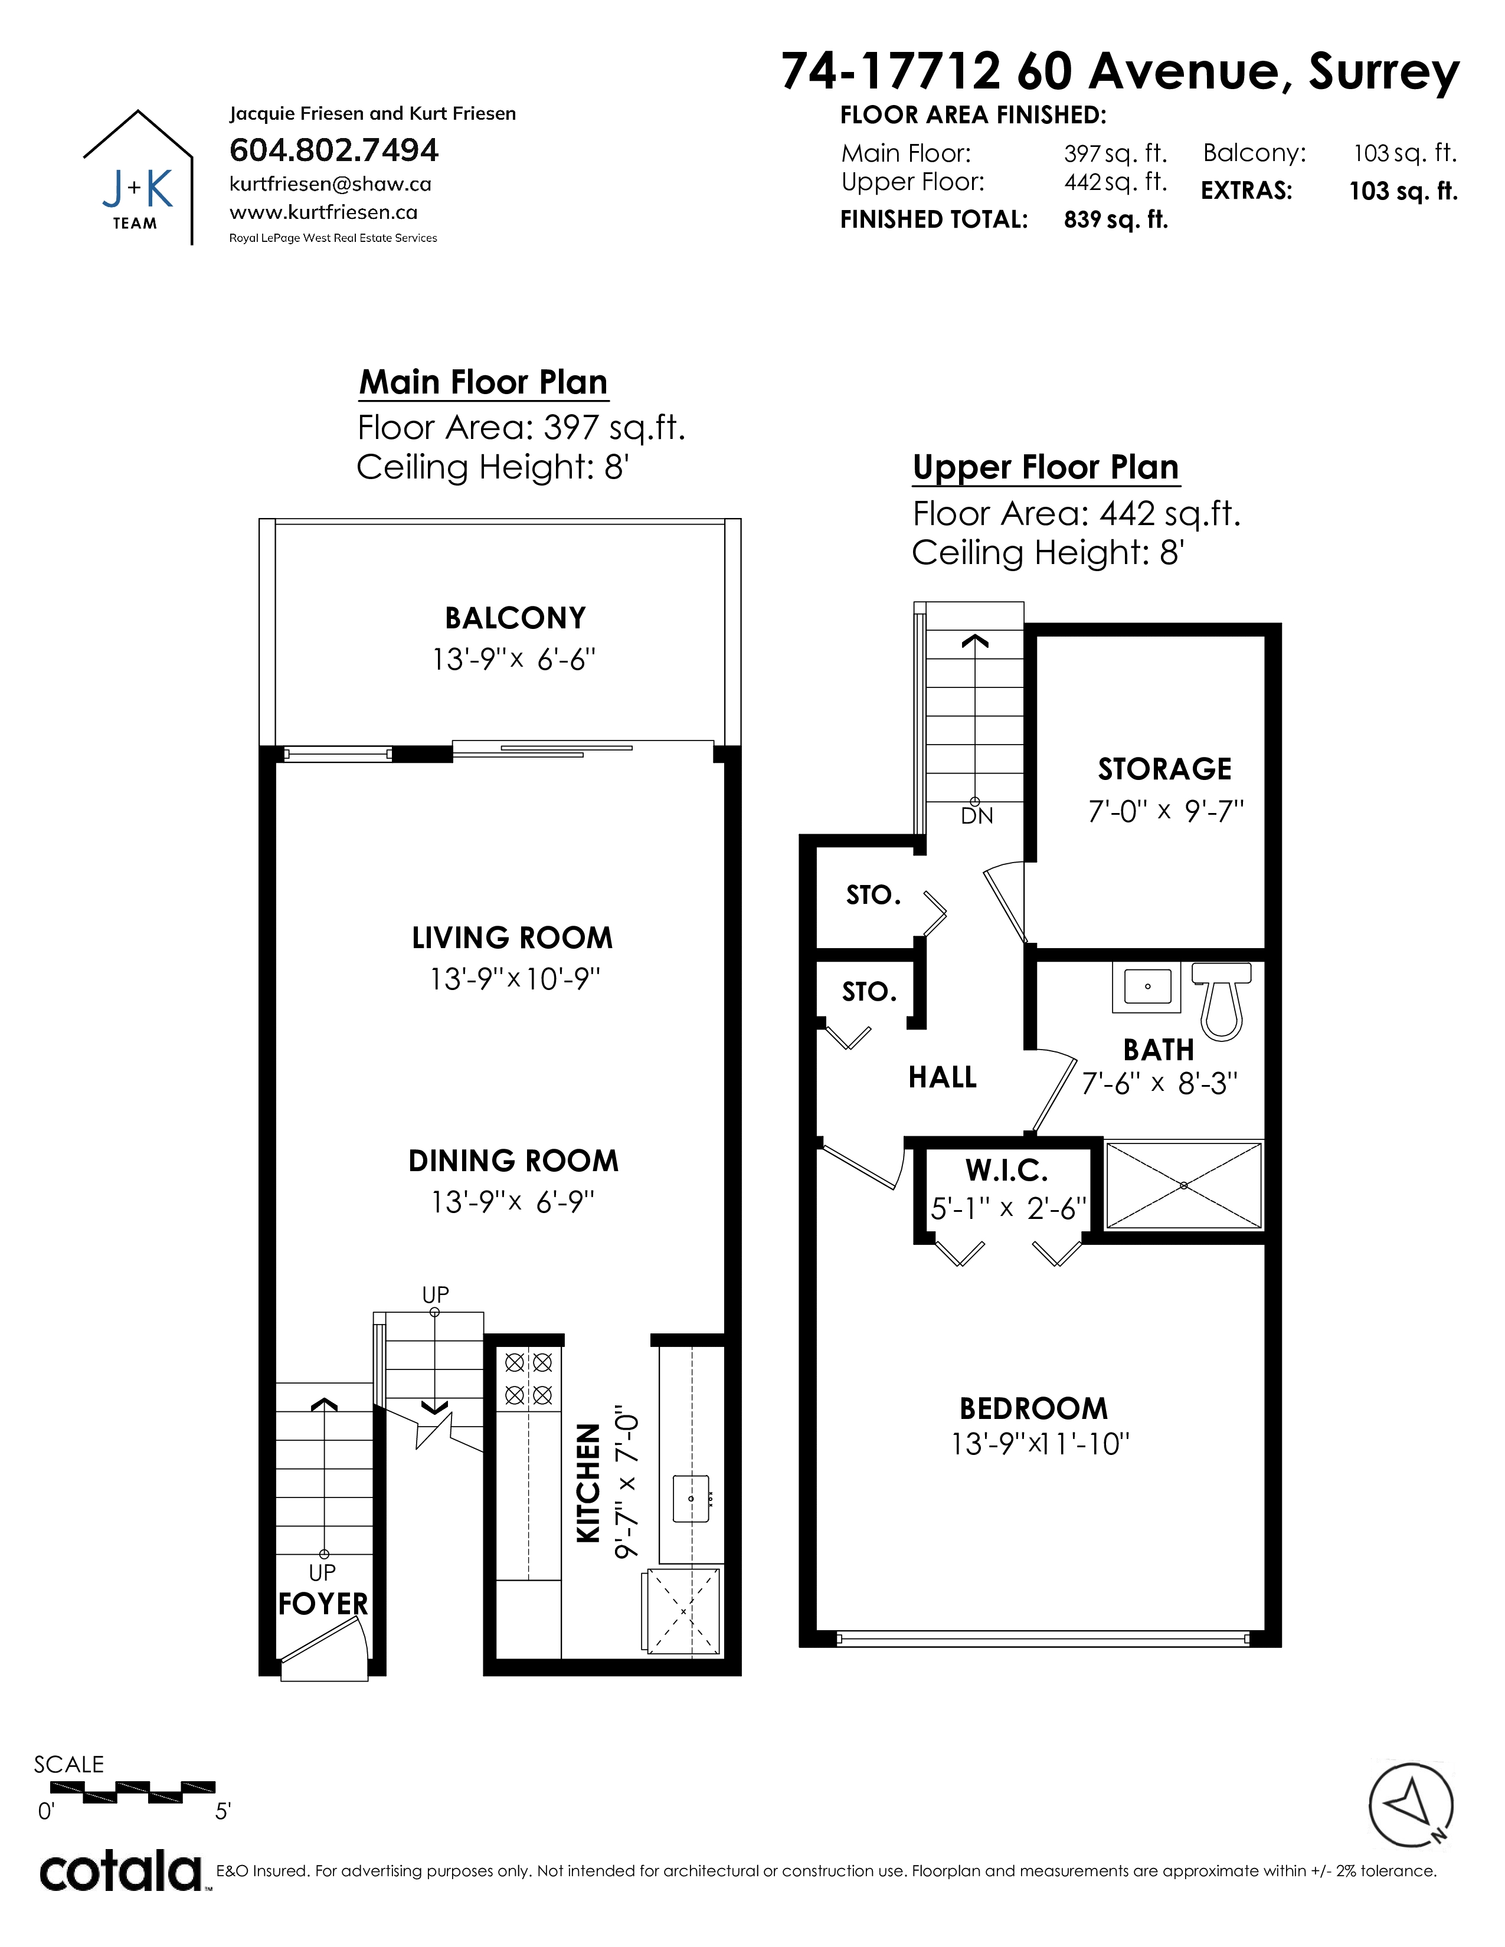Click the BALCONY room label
[515, 618]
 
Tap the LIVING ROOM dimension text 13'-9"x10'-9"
[515, 979]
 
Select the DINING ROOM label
[513, 1161]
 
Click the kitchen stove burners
[529, 1378]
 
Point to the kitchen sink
[692, 1497]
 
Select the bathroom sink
[1147, 986]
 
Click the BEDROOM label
[1034, 1408]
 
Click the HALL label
[943, 1078]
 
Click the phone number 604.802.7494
[334, 150]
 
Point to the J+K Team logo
[138, 176]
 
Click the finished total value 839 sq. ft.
[1115, 220]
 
